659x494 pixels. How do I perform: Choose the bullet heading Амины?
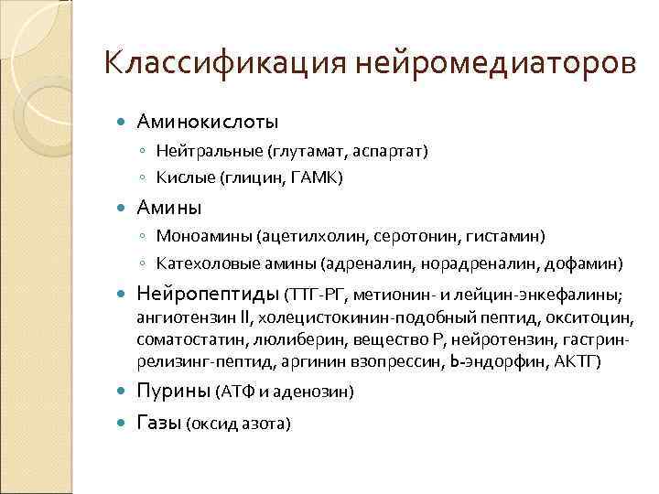click(x=169, y=208)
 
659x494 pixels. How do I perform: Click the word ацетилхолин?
click(x=315, y=237)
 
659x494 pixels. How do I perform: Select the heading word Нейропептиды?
click(x=208, y=295)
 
